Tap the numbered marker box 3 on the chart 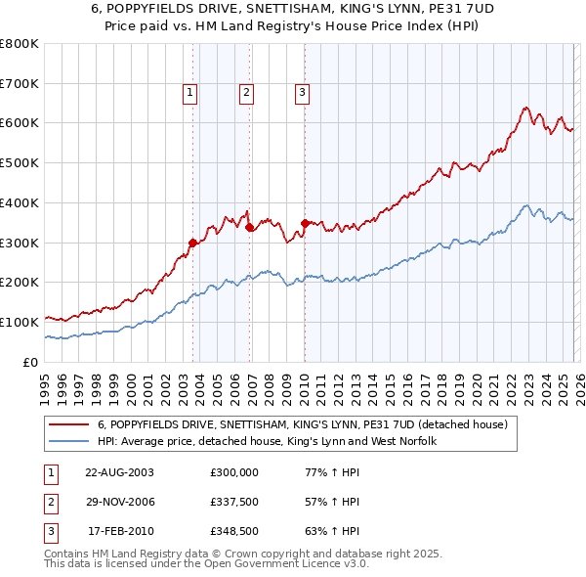(x=302, y=93)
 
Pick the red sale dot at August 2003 (x=193, y=243)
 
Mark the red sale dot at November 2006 (x=250, y=227)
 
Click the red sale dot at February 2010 (x=306, y=223)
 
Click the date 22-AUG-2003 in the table (x=119, y=472)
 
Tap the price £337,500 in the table (x=234, y=503)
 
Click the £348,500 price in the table (x=234, y=533)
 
